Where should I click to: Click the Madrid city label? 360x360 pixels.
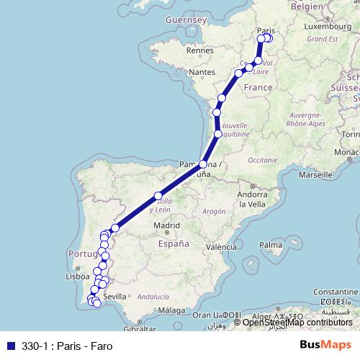[166, 226]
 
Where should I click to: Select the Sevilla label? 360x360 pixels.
[115, 296]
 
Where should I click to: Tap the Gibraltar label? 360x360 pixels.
[138, 329]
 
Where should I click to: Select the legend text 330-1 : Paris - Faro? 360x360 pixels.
[61, 344]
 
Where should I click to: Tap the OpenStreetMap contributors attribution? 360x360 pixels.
[297, 322]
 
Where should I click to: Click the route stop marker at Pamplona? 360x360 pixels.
[203, 165]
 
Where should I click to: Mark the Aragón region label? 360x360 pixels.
[215, 211]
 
